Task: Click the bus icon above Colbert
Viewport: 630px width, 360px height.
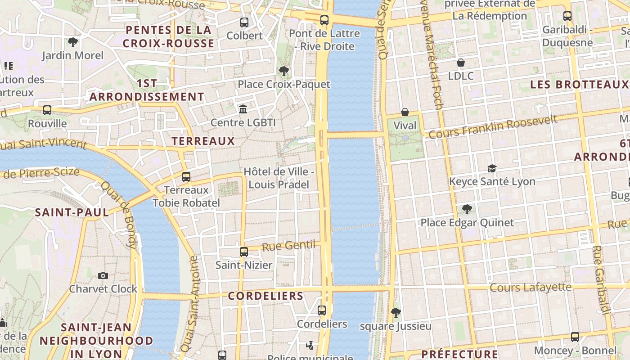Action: click(x=244, y=22)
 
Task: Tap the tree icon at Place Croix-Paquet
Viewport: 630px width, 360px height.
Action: click(x=283, y=71)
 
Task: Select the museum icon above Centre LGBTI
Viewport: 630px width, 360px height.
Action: click(x=243, y=109)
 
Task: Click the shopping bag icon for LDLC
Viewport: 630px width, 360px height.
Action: click(x=460, y=62)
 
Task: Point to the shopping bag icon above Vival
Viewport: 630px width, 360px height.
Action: click(x=405, y=112)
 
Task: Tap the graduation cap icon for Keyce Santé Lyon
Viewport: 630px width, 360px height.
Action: click(x=492, y=168)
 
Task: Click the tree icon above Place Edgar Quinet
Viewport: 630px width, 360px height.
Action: click(x=467, y=209)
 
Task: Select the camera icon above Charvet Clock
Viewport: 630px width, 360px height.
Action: click(x=103, y=275)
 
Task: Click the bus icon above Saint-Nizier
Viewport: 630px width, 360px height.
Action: click(x=243, y=252)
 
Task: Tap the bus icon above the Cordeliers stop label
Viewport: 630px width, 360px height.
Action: click(x=321, y=310)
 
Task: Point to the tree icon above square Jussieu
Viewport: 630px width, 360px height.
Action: click(x=396, y=312)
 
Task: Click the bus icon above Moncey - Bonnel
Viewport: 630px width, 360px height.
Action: click(x=575, y=337)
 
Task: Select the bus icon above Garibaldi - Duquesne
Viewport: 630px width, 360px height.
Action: click(x=567, y=16)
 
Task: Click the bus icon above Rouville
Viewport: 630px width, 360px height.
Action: click(x=47, y=110)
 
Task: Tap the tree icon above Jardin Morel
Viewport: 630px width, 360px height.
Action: click(x=72, y=42)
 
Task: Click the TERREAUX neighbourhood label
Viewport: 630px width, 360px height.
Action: click(x=203, y=141)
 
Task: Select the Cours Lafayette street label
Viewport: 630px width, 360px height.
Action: click(x=530, y=287)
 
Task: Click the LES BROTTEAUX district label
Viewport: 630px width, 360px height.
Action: click(x=579, y=84)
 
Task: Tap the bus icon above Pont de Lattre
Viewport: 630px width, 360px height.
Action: click(x=324, y=20)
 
